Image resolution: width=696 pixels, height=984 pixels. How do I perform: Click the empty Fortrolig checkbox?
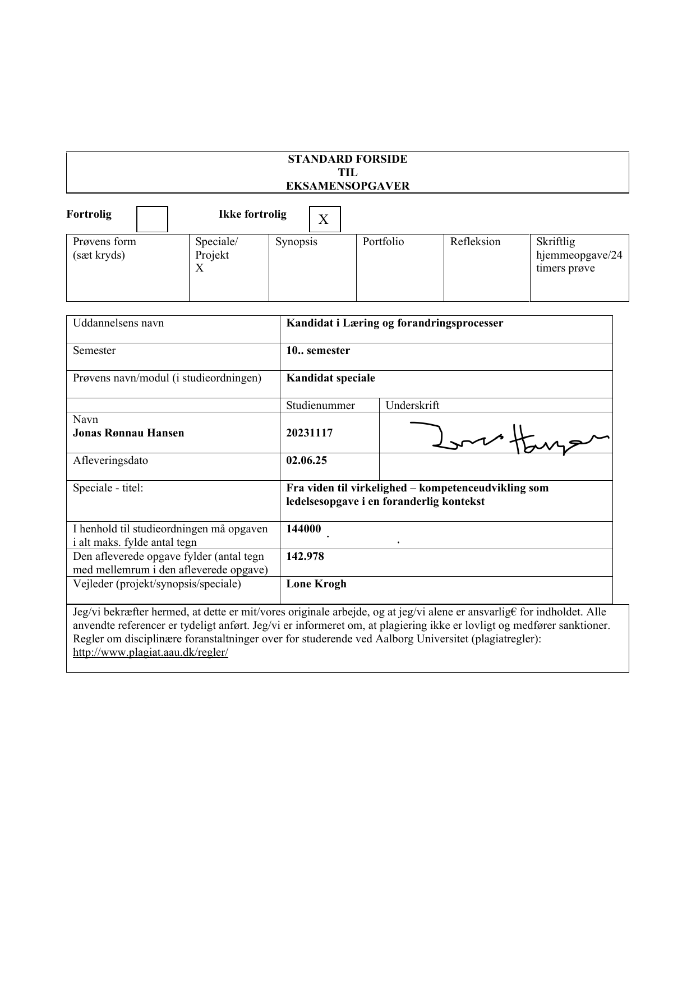(x=153, y=219)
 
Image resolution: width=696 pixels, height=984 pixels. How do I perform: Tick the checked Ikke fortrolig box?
(x=325, y=219)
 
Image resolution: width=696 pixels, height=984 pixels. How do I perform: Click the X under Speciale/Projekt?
(x=200, y=268)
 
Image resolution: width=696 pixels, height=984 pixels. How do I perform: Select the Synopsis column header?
(x=296, y=242)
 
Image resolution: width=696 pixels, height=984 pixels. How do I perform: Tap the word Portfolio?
(x=383, y=242)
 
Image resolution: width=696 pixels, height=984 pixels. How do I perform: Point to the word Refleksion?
(x=475, y=242)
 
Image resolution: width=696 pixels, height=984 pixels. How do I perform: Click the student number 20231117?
(x=310, y=433)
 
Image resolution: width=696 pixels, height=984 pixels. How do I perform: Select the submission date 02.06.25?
(x=307, y=461)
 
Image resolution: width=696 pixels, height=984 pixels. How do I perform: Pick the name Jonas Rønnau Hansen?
(x=128, y=433)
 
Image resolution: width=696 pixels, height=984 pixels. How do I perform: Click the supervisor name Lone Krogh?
(x=316, y=584)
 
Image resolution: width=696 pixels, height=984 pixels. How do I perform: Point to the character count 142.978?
(x=305, y=557)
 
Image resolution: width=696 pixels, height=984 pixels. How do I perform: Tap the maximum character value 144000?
(x=304, y=529)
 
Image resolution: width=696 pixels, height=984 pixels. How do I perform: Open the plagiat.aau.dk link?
(x=151, y=652)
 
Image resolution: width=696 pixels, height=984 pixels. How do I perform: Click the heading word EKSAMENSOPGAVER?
(x=348, y=186)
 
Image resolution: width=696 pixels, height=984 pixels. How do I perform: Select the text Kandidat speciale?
(x=331, y=378)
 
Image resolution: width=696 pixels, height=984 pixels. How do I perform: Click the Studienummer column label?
(x=320, y=406)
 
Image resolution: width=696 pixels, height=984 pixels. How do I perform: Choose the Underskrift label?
(x=412, y=406)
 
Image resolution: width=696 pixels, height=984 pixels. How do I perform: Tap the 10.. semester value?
(x=318, y=351)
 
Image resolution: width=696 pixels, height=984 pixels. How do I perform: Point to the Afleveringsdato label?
(x=110, y=461)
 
